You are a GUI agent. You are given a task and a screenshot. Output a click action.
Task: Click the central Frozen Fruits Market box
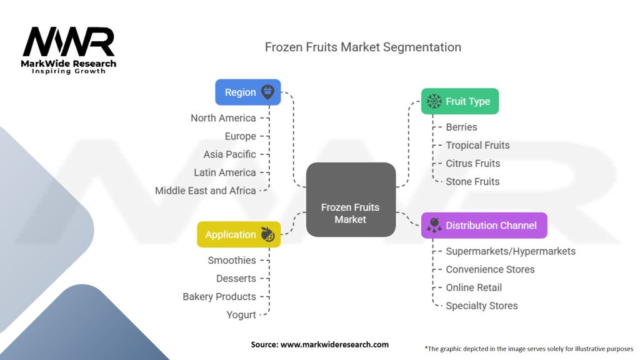point(351,199)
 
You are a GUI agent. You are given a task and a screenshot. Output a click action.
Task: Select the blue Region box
point(247,92)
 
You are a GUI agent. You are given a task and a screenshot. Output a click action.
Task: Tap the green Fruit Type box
point(459,101)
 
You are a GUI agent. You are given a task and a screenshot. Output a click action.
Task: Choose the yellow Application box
point(238,234)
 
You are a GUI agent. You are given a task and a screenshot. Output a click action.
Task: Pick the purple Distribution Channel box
point(484,226)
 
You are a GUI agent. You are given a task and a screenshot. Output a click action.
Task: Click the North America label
point(223,118)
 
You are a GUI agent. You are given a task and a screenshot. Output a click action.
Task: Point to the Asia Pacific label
point(229,154)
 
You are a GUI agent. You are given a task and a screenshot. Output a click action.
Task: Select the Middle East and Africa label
point(205,191)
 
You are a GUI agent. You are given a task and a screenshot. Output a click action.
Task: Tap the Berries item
point(461,127)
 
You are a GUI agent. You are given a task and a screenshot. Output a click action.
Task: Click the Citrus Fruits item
point(472,164)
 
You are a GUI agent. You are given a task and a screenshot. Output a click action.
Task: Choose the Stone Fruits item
point(472,182)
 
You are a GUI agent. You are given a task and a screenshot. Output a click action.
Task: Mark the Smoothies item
point(232,261)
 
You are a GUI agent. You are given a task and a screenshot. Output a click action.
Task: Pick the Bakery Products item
point(219,297)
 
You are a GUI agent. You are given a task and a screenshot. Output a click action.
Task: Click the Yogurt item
point(241,315)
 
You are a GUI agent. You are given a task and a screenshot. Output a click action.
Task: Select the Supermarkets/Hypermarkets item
point(510,251)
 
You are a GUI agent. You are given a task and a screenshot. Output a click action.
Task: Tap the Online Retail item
point(474,287)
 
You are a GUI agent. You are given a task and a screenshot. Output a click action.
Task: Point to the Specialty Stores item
point(481,306)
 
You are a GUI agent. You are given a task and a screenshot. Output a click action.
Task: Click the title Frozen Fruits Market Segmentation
point(363,47)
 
